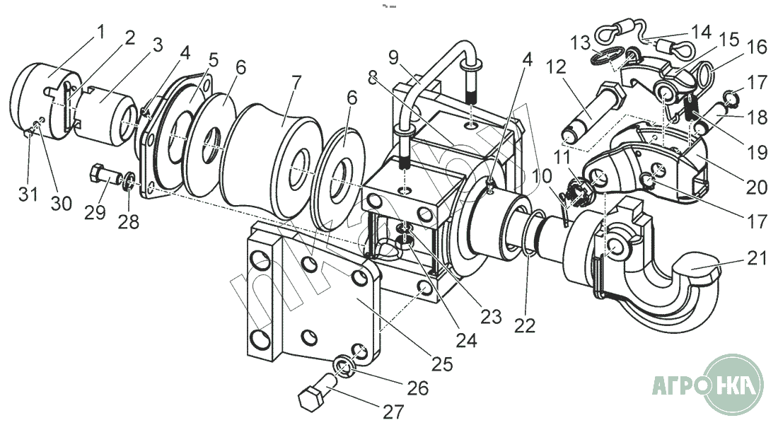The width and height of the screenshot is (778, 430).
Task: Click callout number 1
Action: click(x=100, y=31)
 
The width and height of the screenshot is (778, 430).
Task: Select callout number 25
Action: click(x=443, y=364)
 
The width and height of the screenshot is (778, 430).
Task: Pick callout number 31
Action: click(x=28, y=194)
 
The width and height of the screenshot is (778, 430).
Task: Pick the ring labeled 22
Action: click(x=531, y=233)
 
